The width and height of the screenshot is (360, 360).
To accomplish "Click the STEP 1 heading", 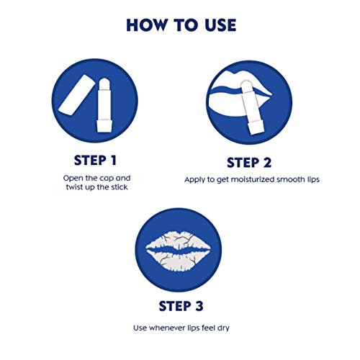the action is [95, 161].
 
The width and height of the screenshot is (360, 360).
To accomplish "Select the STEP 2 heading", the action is [249, 163].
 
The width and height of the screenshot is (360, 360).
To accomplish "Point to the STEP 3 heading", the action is [181, 306].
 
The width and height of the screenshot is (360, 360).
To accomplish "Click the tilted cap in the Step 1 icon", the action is [76, 95].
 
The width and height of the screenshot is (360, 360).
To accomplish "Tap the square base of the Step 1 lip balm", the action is [104, 126].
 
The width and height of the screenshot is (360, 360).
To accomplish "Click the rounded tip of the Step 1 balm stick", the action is [104, 82].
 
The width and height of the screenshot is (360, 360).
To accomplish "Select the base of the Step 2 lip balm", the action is [256, 127].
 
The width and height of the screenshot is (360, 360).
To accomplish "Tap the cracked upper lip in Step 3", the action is [178, 240].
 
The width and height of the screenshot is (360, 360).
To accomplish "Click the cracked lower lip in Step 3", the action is [178, 260].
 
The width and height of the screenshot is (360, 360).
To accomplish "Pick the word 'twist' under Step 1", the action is [74, 187].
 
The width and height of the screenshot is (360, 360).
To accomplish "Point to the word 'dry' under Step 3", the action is [223, 328].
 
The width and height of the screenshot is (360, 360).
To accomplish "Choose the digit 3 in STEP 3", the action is [199, 306].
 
